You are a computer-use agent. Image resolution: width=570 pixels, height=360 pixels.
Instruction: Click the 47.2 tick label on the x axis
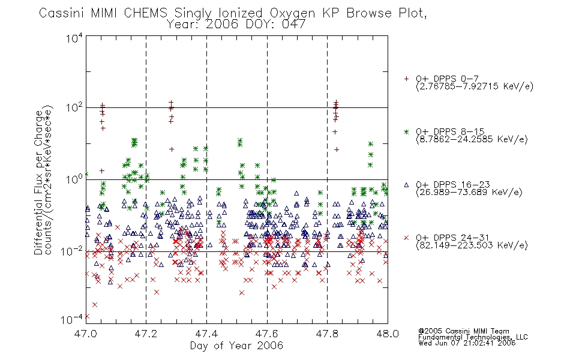point(146,334)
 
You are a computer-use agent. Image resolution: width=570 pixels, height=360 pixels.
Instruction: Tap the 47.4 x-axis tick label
point(206,334)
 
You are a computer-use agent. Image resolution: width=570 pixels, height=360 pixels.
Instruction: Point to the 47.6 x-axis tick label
point(267,334)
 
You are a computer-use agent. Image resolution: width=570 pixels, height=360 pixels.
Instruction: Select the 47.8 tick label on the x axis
point(327,334)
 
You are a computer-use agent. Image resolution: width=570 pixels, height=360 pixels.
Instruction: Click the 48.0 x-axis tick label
point(388,334)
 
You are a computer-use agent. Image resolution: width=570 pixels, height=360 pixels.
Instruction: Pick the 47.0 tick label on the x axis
point(86,334)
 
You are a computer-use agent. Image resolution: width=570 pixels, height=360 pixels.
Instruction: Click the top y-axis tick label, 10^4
point(74,38)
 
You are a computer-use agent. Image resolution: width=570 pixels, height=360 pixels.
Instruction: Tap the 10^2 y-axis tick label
point(74,108)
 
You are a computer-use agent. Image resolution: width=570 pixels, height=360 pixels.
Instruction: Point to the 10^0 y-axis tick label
point(74,179)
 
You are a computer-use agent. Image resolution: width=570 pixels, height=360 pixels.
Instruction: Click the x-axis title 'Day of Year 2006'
point(236,346)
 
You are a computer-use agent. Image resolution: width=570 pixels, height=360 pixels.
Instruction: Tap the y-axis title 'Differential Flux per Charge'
point(38,182)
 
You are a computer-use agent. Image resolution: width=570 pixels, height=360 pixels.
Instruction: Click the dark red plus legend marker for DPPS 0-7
point(406,79)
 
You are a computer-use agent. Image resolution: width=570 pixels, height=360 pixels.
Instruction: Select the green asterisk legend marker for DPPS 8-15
point(406,132)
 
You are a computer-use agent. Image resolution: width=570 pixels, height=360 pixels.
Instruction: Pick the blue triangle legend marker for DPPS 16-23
point(406,185)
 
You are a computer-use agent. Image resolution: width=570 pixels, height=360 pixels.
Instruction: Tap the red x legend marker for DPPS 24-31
point(406,238)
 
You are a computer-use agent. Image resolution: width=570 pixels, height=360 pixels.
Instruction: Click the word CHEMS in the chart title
point(145,13)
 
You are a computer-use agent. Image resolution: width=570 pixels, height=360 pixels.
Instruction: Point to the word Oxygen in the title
point(292,14)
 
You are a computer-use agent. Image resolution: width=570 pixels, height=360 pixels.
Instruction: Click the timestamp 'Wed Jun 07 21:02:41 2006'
point(467,343)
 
